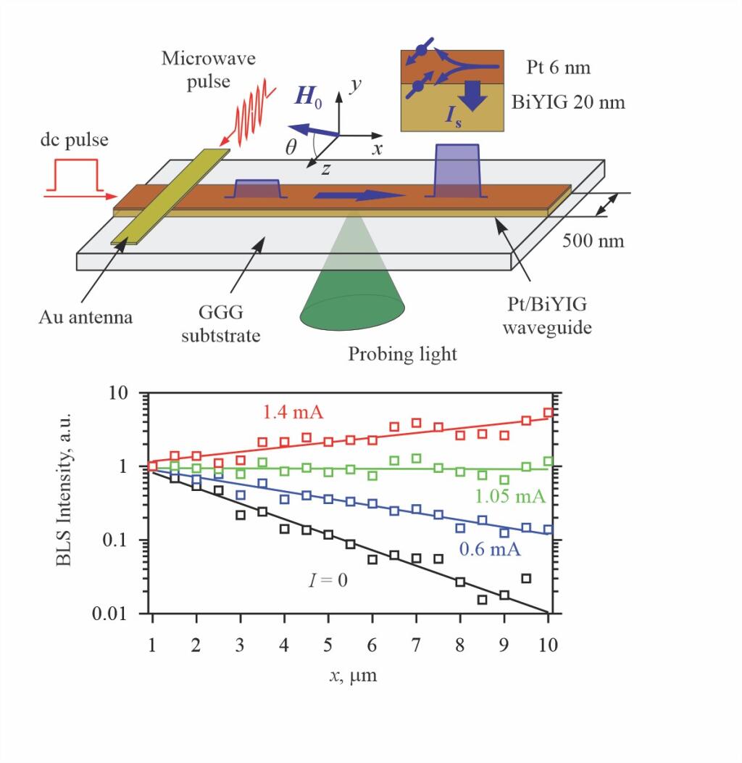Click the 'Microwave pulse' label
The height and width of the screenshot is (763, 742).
(208, 70)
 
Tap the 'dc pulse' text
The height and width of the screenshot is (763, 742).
(74, 140)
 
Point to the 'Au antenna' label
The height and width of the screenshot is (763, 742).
(86, 317)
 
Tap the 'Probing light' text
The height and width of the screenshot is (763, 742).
(403, 355)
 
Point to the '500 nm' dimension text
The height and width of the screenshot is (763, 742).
(593, 240)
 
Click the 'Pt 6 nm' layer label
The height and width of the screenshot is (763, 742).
(558, 68)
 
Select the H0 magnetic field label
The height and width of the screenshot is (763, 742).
(308, 98)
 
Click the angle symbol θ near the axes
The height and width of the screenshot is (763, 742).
(291, 148)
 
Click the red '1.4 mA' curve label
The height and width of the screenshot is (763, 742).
(293, 413)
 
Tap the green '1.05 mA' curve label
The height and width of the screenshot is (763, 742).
(510, 496)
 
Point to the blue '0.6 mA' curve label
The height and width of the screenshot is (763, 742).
(490, 549)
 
